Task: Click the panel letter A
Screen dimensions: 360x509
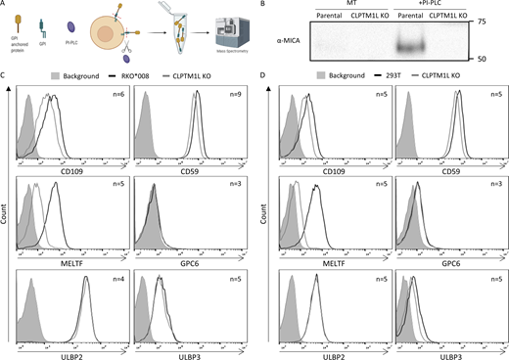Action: [x=5, y=5]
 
